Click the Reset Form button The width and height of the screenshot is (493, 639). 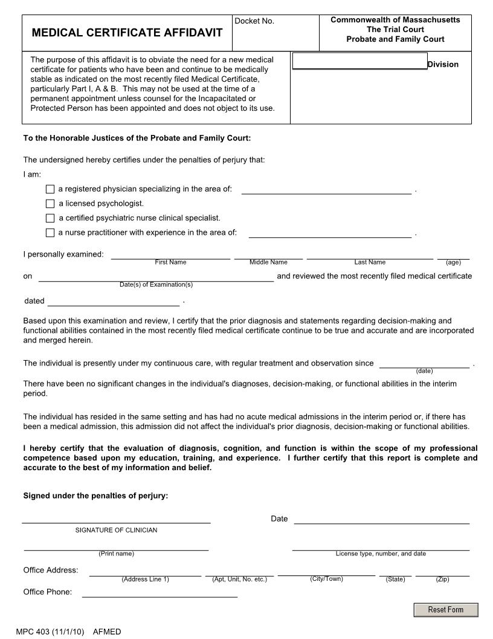tap(445, 609)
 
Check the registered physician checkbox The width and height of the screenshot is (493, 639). tap(50, 189)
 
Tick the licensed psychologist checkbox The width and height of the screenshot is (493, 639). tap(50, 204)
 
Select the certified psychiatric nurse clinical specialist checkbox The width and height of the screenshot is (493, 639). tap(50, 218)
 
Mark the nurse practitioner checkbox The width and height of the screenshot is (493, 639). tap(50, 233)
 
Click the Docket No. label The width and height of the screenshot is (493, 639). tap(254, 21)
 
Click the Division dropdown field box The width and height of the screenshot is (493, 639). tap(359, 61)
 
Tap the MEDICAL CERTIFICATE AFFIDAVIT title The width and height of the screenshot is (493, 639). tap(127, 33)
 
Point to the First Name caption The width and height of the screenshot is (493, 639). tap(170, 262)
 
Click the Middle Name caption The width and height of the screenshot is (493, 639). tap(268, 262)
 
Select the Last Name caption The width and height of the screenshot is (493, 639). tap(370, 262)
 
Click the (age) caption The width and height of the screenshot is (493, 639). tap(453, 262)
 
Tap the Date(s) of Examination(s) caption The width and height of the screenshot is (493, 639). tap(156, 284)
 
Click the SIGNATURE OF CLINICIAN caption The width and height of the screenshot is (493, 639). tap(116, 530)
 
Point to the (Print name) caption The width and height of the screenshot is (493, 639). tap(116, 554)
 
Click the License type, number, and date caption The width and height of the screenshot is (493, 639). tap(381, 554)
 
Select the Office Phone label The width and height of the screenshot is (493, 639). tap(47, 592)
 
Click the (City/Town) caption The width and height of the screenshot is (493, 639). tap(326, 579)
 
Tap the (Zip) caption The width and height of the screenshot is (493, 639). tap(442, 579)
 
